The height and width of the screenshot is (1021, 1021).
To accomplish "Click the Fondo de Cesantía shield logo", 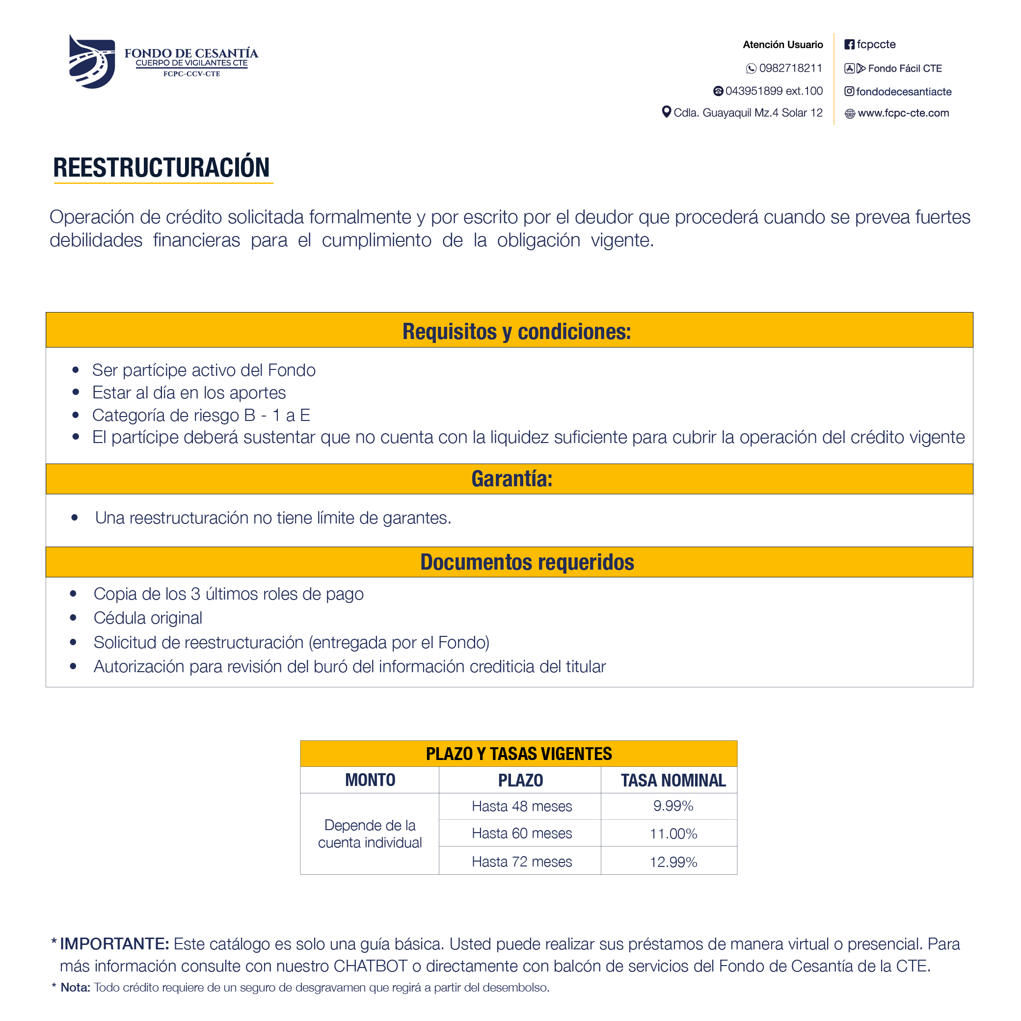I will pos(92,61).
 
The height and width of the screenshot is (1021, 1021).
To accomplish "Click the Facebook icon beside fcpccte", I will pos(849,44).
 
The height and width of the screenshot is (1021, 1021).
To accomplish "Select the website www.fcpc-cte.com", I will pos(903,113).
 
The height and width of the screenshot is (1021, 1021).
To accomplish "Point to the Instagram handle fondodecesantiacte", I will pos(903,91).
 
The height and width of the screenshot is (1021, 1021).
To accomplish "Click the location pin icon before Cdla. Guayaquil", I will pos(666,112).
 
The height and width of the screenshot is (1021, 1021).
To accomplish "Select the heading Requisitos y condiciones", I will pos(516,331).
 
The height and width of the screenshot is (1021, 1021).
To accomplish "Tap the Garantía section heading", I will pos(511,479).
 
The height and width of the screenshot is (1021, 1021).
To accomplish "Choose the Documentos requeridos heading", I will pos(527,562).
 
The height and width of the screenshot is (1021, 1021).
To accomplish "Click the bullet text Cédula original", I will pos(148,618).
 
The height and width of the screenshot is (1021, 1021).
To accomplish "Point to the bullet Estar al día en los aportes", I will pos(189,393).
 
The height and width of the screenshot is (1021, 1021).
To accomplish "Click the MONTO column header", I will pos(370,780).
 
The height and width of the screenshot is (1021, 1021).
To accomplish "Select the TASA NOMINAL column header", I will pos(672,781).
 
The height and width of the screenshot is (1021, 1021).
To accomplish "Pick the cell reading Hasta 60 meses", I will pos(521,834).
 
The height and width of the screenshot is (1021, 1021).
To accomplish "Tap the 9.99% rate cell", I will pos(672,806).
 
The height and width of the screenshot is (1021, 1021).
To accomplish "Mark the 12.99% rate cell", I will pos(672,862).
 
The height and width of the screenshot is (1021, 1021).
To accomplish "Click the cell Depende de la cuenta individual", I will pos(370,834).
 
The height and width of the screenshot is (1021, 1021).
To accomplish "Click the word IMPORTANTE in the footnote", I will pos(114,944).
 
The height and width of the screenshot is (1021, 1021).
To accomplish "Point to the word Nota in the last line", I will pos(75,988).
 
